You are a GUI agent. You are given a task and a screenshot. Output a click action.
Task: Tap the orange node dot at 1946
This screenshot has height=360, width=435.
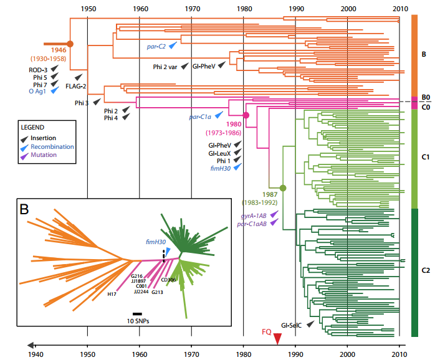point(70,44)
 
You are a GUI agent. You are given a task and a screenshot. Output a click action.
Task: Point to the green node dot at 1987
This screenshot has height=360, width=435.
point(283,187)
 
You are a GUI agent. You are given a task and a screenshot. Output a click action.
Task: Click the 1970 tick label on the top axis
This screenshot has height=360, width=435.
point(191,9)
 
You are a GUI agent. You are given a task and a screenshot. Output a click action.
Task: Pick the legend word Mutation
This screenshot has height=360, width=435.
point(44,155)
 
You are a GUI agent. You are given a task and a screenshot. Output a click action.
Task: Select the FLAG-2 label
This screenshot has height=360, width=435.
point(76,86)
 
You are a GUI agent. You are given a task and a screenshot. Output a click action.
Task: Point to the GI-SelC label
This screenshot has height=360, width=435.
point(292,325)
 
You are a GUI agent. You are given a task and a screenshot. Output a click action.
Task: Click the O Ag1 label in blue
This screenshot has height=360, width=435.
point(39,90)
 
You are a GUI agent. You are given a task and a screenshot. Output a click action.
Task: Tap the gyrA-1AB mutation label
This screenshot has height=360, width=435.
point(253,214)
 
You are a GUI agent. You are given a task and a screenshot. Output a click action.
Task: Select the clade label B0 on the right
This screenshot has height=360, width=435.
point(426,98)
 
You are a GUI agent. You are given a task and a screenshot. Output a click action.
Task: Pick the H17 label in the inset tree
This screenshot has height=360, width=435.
point(112,295)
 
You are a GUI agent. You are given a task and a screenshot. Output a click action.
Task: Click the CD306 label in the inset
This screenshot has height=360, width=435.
point(168,280)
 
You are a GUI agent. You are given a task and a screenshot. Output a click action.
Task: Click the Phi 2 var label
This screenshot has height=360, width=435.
point(165,66)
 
